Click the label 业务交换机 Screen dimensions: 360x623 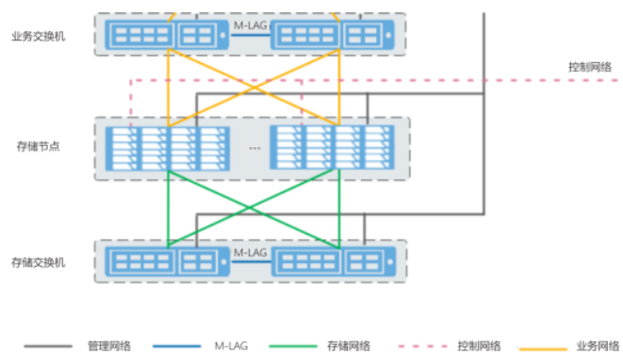pos(38,36)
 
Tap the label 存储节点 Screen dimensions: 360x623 pos(39,146)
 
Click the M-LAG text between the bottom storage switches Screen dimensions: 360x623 pos(250,253)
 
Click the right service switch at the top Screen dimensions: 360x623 pos(329,36)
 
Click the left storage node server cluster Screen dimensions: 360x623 pos(170,148)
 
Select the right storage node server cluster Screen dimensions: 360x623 pos(334,148)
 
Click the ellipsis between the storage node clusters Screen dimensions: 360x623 pos(254,149)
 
